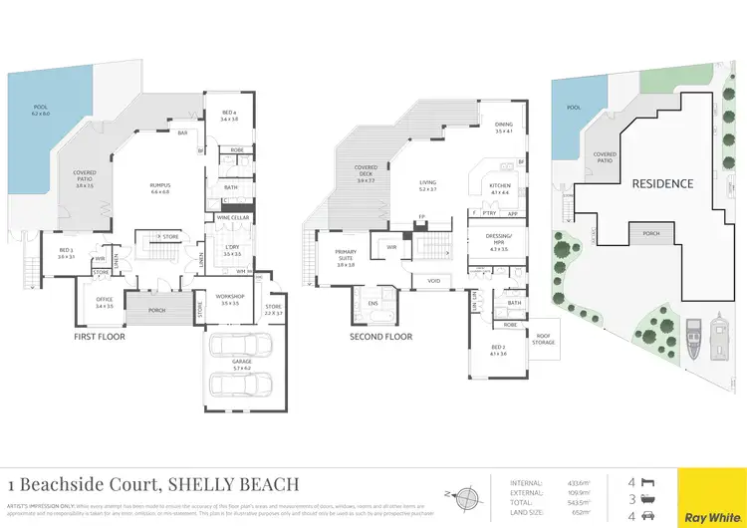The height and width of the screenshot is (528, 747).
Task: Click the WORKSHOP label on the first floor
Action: pos(228,296)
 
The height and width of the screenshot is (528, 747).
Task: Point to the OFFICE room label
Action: pos(105,299)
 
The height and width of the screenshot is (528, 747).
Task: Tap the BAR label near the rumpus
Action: pos(182,132)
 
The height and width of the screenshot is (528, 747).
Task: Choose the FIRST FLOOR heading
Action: pos(101,337)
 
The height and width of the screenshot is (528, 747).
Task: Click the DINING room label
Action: pos(503,125)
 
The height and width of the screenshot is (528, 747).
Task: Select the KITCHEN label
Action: pos(499,186)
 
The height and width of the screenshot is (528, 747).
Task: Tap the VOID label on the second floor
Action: pos(434,281)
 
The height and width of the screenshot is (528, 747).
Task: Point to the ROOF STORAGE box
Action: pos(545,339)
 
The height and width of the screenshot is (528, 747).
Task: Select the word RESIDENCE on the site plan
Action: pos(662,184)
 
